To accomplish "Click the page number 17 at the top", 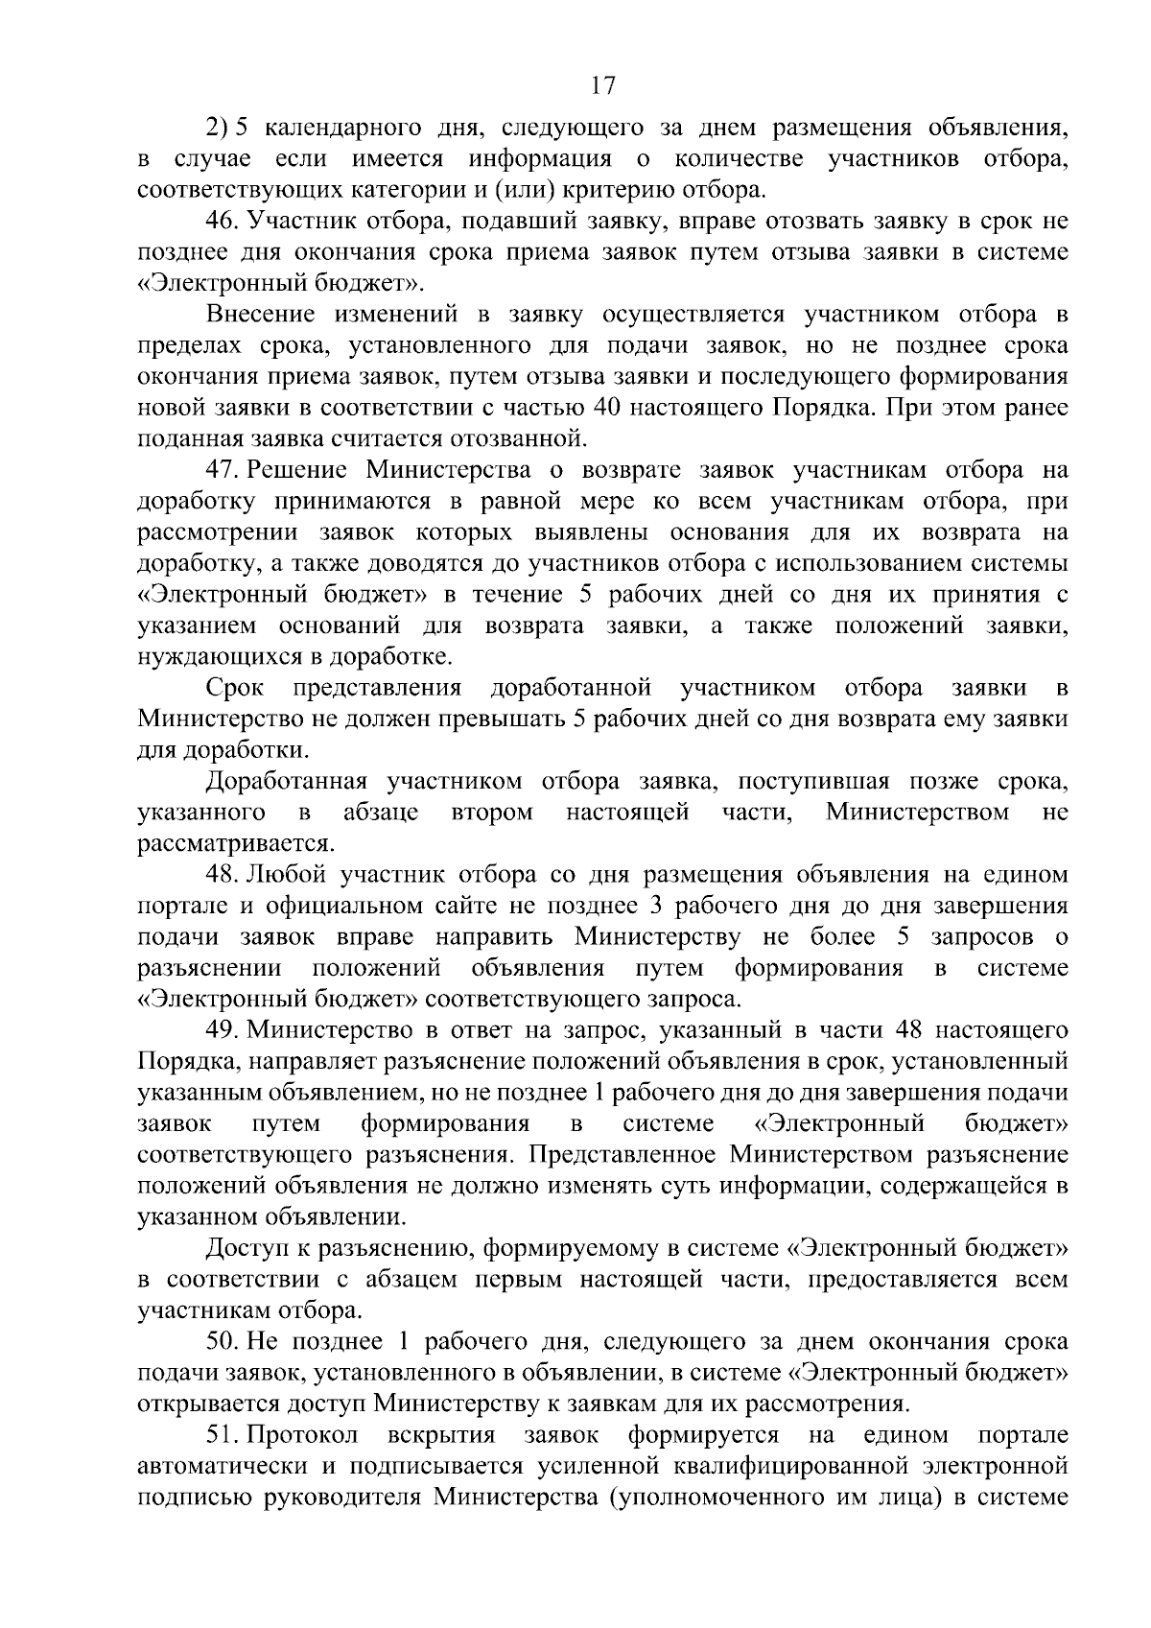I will (602, 86).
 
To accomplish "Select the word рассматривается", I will (236, 844).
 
